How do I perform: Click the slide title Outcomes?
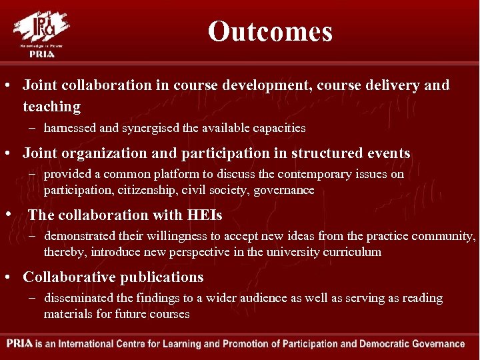(269, 31)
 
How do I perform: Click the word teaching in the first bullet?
(51, 107)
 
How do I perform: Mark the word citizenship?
(139, 190)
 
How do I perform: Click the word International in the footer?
(97, 345)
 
